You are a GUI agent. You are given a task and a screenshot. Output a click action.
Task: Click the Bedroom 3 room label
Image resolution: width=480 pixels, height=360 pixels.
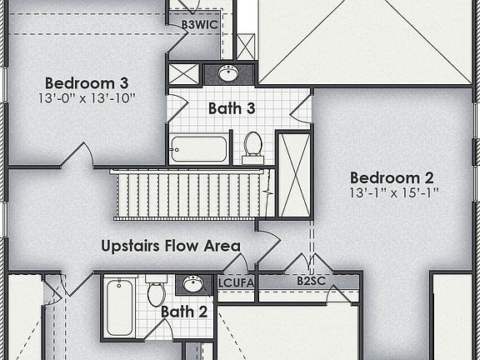(x=87, y=83)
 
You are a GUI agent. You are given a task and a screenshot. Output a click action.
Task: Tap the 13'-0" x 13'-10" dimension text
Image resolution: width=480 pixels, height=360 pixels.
(x=87, y=98)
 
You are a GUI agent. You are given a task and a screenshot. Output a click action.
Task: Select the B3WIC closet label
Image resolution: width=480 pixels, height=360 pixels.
(x=200, y=25)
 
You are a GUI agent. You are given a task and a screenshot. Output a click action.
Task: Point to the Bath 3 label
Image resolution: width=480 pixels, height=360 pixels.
(x=231, y=108)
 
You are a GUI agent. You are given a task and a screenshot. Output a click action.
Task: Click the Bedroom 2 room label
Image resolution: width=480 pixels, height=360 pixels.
(x=392, y=177)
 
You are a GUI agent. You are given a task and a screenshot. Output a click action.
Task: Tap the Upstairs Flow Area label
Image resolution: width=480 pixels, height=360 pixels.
(x=171, y=246)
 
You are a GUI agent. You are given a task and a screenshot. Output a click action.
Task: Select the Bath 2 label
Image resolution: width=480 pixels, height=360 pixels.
(x=183, y=312)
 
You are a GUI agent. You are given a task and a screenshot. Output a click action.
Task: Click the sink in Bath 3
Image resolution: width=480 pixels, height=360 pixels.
(x=228, y=73)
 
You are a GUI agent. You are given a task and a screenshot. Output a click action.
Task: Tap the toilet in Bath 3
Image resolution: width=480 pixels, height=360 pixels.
(x=252, y=147)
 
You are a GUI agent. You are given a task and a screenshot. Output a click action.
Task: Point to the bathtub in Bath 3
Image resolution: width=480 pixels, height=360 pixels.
(x=198, y=149)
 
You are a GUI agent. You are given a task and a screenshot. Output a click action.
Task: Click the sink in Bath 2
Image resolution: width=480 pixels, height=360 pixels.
(x=193, y=284)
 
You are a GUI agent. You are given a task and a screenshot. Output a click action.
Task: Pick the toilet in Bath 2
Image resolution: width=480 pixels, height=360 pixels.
(x=156, y=294)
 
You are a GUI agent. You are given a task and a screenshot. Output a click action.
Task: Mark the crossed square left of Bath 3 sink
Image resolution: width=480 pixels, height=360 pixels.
(x=184, y=73)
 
